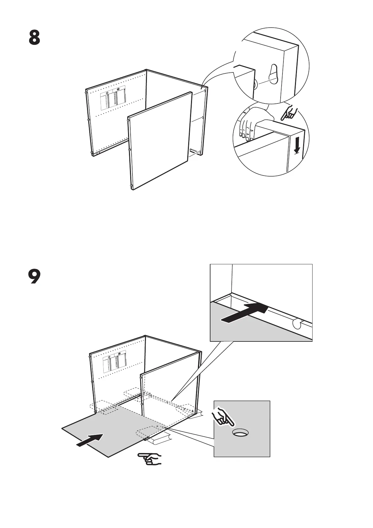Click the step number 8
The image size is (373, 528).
pos(34,38)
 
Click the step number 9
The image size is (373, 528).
pos(34,277)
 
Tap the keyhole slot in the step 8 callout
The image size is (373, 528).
pos(273,74)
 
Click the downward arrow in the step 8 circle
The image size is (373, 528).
pos(296,145)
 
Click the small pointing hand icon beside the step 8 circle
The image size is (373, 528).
pos(288,113)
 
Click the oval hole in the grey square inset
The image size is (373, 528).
pos(241,433)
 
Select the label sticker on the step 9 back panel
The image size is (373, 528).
pos(115,361)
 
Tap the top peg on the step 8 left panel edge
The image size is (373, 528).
pos(86,92)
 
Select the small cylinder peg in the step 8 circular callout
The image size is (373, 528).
pos(256,83)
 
